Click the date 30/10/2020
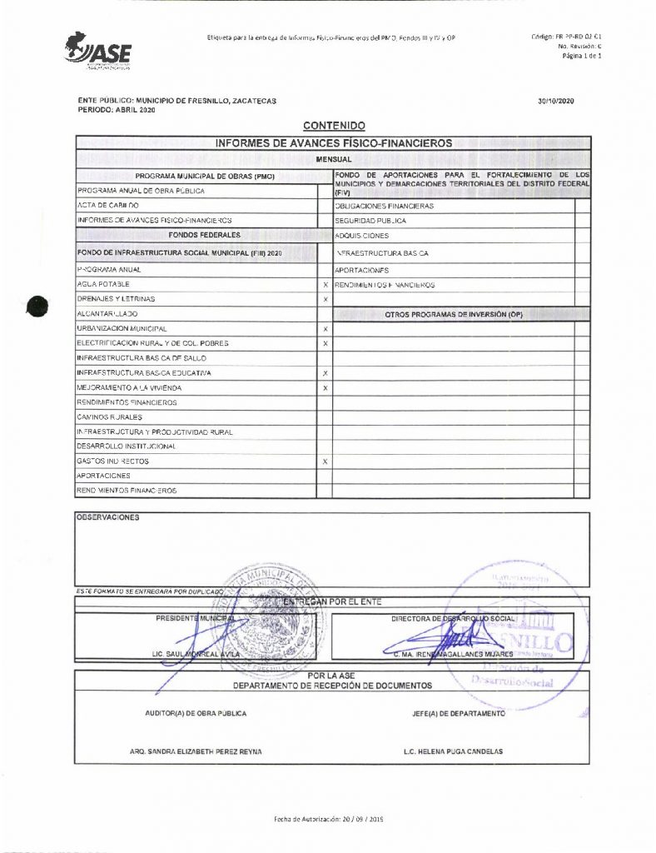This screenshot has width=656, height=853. click(x=556, y=101)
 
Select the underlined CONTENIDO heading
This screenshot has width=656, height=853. click(x=335, y=126)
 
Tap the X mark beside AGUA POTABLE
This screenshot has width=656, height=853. click(x=325, y=284)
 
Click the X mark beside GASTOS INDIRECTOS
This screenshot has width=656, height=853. click(x=325, y=461)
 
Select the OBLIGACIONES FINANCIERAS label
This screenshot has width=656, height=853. click(x=384, y=205)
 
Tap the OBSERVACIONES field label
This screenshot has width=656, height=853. click(x=108, y=516)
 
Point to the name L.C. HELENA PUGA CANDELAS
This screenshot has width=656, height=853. click(x=452, y=751)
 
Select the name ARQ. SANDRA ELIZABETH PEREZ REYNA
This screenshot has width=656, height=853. click(x=196, y=751)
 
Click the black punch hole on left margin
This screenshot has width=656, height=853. click(x=37, y=306)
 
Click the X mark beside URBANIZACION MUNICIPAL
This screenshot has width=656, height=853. click(x=325, y=329)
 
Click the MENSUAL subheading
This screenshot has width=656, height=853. click(x=334, y=158)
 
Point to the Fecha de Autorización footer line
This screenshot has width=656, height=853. click(x=327, y=819)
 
